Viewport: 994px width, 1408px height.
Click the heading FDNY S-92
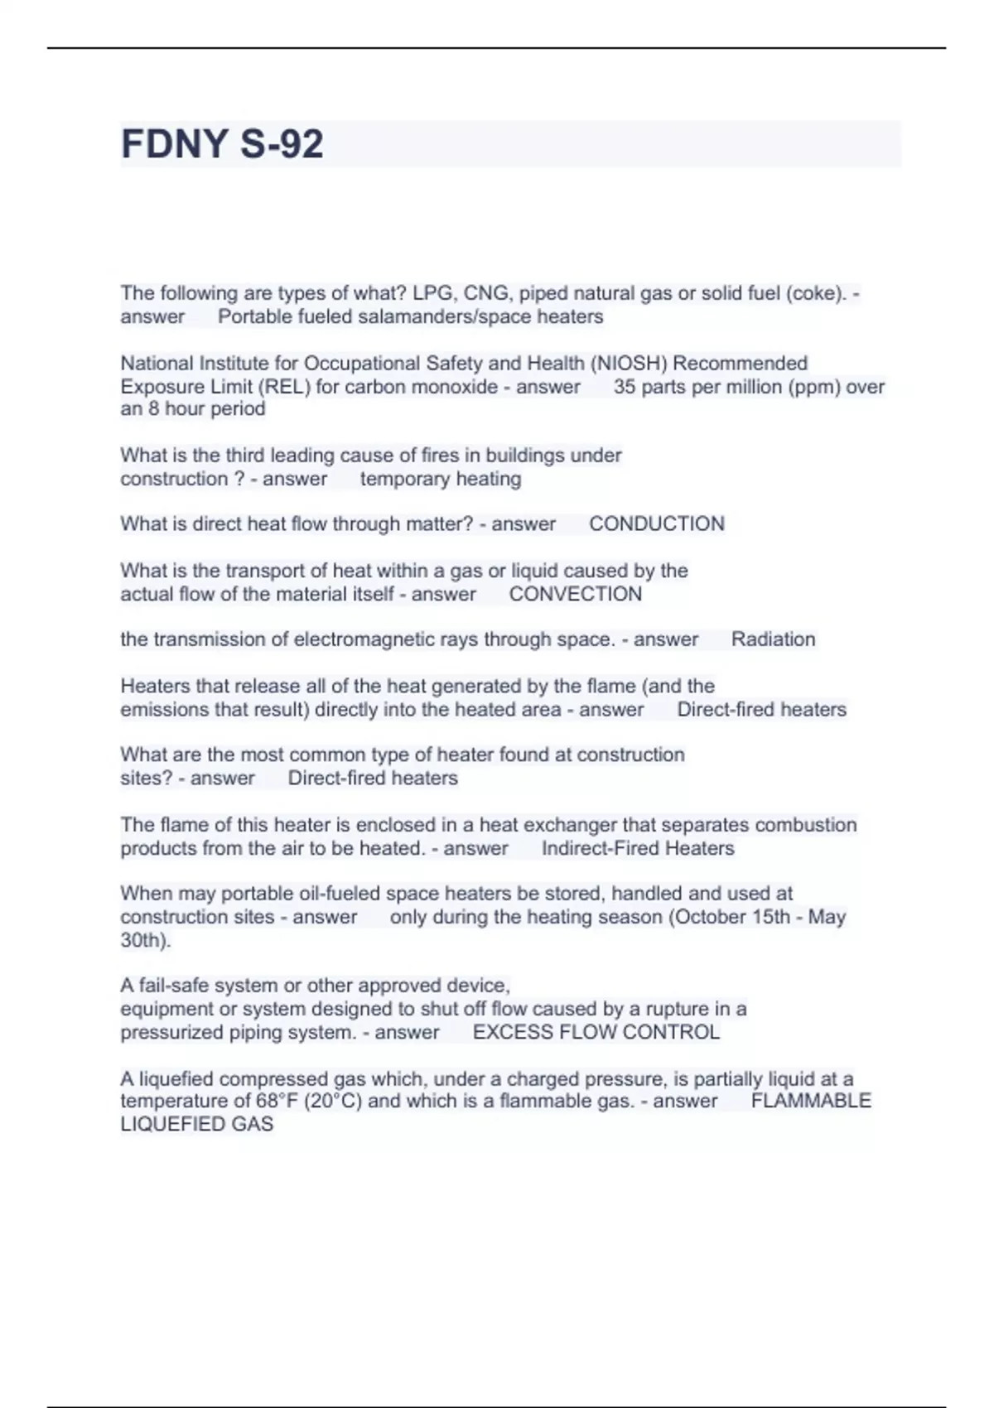tap(222, 144)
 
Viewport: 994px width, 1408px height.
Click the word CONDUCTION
tap(656, 524)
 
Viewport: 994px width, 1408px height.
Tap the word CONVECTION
tap(575, 595)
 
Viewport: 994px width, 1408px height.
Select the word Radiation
tap(773, 639)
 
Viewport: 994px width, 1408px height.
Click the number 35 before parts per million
tap(625, 387)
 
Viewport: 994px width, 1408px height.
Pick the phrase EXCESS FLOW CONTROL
tap(596, 1033)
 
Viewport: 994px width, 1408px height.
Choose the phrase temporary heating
tap(441, 480)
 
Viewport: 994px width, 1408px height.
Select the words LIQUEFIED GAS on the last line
tap(196, 1125)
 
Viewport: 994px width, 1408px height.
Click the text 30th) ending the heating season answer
tap(145, 941)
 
